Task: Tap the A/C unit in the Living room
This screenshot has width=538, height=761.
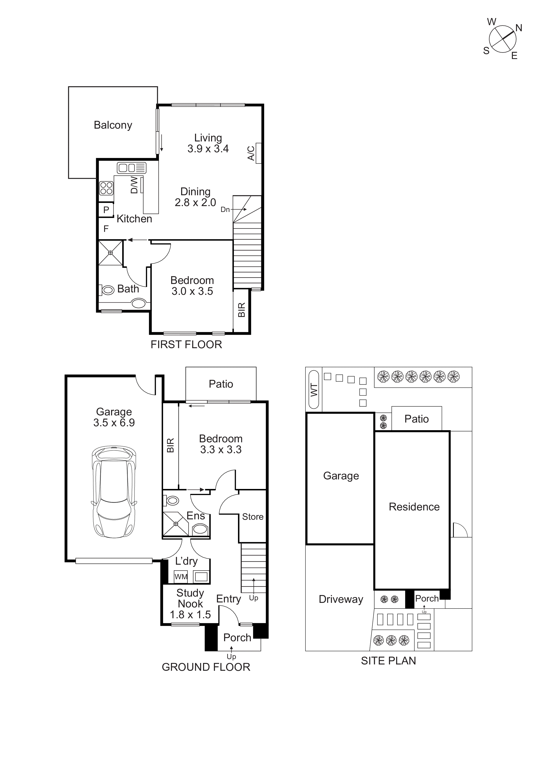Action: point(258,153)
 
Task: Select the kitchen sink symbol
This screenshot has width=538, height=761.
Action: point(132,168)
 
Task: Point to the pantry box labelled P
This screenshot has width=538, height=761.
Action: point(106,210)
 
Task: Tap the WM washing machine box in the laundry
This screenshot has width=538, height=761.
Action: point(181,577)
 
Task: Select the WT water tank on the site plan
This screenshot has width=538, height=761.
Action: point(314,390)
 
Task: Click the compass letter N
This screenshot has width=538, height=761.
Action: point(519,28)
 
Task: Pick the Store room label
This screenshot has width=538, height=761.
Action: point(253,517)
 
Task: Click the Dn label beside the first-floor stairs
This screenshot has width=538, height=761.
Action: point(225,210)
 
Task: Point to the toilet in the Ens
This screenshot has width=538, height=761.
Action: point(171,500)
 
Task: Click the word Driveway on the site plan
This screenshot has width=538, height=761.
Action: point(341,599)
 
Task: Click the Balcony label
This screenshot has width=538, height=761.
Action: point(113,125)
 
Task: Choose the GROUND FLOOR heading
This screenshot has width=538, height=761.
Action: point(206,667)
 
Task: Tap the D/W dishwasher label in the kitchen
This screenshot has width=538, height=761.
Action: point(134,185)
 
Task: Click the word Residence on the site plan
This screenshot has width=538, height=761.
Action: point(414,507)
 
